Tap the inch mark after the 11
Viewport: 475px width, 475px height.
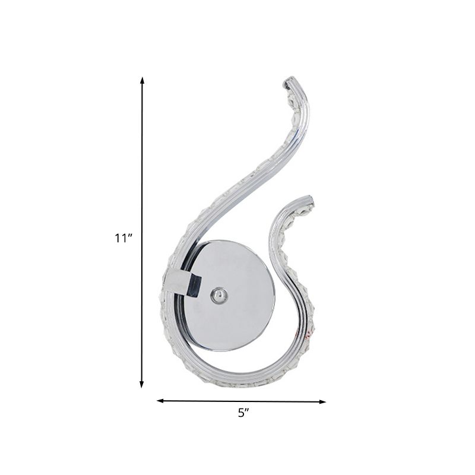tap(129, 236)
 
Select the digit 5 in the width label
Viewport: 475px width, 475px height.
tap(240, 414)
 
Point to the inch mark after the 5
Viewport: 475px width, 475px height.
tap(246, 411)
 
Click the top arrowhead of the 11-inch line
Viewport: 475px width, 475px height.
tap(142, 80)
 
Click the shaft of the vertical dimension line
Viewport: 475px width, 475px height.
tap(142, 178)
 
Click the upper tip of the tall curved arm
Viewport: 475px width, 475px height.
tap(289, 80)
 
